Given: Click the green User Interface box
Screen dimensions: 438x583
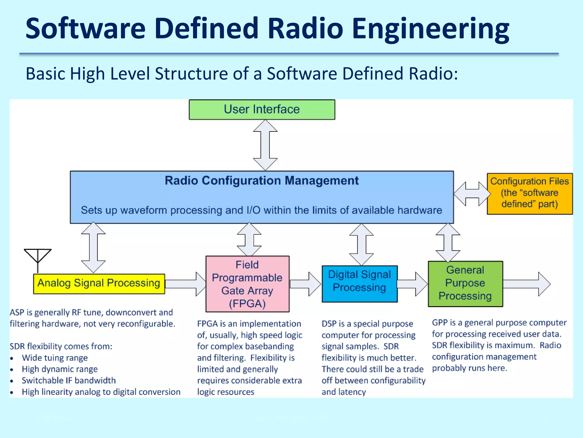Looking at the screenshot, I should coord(262,109).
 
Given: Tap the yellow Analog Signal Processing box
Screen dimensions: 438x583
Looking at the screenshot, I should coord(99,283).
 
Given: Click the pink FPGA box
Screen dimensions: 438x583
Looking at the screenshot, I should coord(247,284).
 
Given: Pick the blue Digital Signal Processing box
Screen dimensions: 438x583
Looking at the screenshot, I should coord(359,283).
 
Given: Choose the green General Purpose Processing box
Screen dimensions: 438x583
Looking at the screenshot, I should coord(465,283).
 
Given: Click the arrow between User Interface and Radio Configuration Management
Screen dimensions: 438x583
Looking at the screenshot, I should coord(265,145).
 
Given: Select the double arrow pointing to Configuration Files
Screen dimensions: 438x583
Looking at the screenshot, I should coord(472,194).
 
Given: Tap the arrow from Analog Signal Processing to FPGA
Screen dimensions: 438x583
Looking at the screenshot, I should coord(185,284).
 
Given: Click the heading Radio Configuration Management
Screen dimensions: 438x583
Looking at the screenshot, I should coord(261,181).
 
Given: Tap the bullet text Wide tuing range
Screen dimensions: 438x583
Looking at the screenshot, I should coord(55,358).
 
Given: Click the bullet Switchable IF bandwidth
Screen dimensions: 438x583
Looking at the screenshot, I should coord(69,380).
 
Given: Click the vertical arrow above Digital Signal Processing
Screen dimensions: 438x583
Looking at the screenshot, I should coord(361,244).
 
